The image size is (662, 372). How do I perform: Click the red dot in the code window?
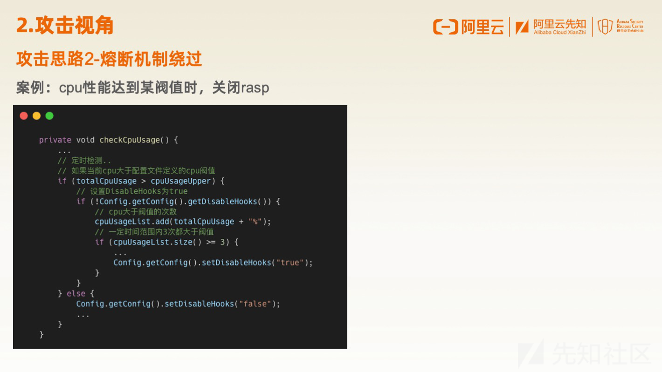click(24, 116)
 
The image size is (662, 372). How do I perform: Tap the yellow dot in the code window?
click(37, 116)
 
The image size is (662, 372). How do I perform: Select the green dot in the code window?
click(49, 116)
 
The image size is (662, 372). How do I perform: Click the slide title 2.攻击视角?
click(65, 26)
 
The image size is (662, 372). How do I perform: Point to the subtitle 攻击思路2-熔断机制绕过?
click(109, 59)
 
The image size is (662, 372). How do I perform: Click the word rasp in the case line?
click(255, 88)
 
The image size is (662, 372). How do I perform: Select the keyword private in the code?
click(55, 140)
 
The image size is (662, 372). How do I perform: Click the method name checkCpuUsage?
click(130, 140)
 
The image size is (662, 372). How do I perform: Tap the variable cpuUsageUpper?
click(180, 181)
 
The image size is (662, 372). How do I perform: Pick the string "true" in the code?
click(290, 263)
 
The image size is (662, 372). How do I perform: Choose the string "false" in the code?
click(255, 304)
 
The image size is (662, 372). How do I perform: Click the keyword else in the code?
click(76, 293)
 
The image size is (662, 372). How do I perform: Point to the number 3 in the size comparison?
click(222, 242)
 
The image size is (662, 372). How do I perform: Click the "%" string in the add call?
click(255, 222)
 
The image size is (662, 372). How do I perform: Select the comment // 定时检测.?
click(84, 161)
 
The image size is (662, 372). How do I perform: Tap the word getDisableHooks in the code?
click(222, 201)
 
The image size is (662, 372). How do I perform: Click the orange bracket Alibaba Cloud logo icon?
click(445, 27)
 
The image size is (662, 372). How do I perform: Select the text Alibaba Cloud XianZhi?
click(559, 33)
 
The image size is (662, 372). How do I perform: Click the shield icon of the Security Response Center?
click(605, 27)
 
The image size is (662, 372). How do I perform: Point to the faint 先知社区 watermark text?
click(601, 353)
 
